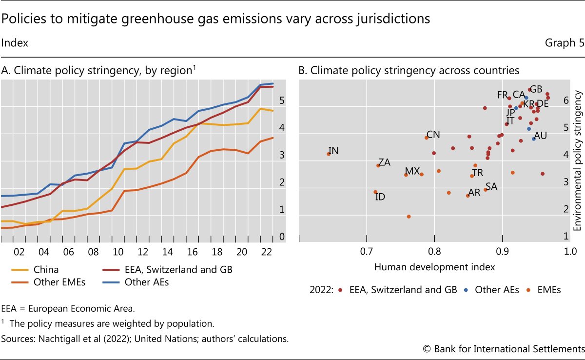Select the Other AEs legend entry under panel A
[147, 282]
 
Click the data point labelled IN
[329, 154]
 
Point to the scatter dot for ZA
[378, 165]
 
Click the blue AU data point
[534, 139]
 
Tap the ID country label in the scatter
[380, 197]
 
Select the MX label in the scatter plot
[412, 171]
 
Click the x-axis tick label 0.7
[366, 251]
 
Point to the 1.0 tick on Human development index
[569, 251]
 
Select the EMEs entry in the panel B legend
[549, 290]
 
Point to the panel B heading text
[409, 70]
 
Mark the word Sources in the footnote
[16, 339]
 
